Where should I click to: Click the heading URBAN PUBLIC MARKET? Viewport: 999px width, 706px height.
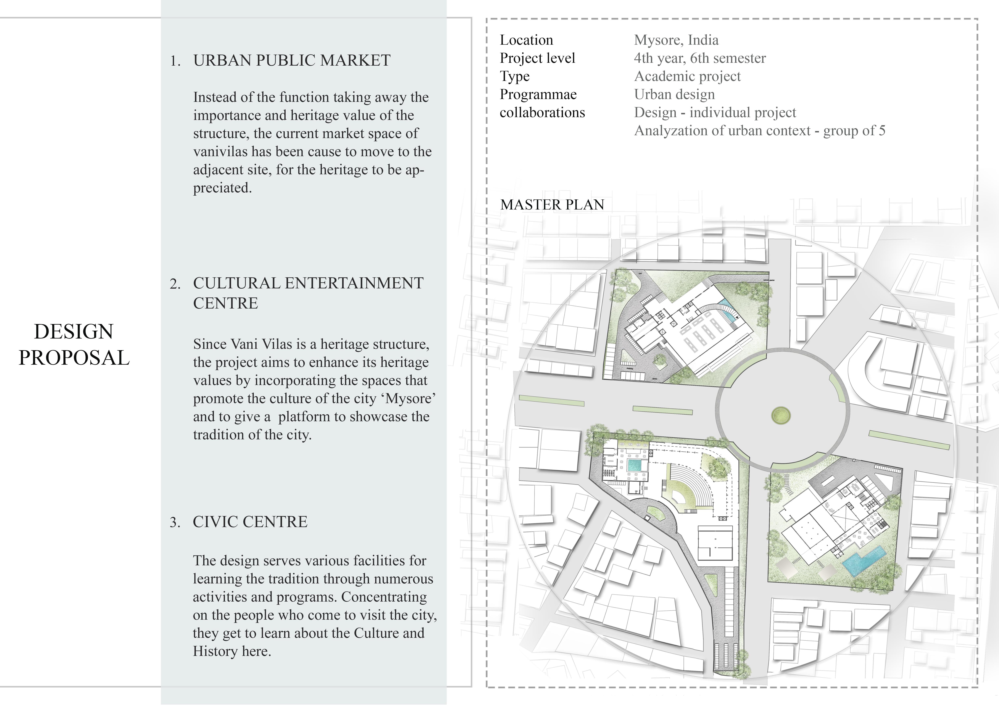291,60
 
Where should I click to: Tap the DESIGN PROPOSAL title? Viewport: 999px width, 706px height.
74,345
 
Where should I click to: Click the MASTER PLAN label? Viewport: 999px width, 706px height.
552,205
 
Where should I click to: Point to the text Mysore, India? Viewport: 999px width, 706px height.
676,40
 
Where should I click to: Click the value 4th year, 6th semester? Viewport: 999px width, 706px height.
700,58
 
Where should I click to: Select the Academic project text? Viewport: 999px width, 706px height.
687,76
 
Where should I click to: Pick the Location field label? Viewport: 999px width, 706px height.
526,40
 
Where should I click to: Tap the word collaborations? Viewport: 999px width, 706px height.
542,113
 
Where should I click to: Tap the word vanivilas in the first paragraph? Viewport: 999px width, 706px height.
221,152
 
